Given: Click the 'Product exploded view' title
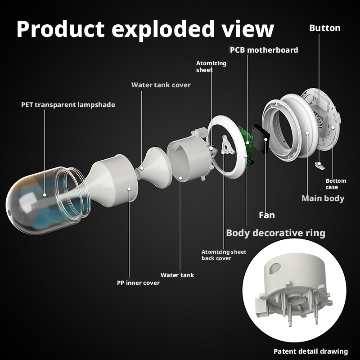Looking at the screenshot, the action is (x=145, y=29).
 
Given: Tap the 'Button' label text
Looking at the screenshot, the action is (x=324, y=28).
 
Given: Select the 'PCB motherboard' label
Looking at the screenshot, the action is (x=264, y=50).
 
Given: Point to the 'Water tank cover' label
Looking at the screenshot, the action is (x=161, y=85).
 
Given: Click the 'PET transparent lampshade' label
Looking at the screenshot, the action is (x=68, y=105).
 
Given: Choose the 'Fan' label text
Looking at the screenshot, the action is (x=267, y=215).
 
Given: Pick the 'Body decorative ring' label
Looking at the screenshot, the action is (x=275, y=233).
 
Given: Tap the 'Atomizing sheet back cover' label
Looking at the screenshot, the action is (x=224, y=255).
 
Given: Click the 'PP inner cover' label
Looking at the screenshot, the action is (x=138, y=283).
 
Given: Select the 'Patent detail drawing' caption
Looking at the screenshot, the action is (x=310, y=351).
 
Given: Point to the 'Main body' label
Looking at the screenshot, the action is (x=323, y=198).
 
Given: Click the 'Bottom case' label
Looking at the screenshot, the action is (x=336, y=184).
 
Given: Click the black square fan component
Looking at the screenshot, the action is (x=261, y=139).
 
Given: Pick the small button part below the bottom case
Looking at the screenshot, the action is (x=319, y=165).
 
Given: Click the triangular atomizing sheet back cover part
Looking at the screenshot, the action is (x=227, y=145).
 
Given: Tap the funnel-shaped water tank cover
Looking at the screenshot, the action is (x=154, y=167).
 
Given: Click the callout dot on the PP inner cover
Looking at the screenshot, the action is (x=129, y=189).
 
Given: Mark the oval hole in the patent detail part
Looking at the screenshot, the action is (x=274, y=268).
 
